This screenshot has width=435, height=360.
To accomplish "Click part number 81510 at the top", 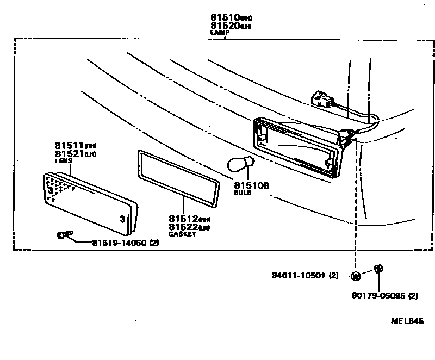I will (x=223, y=17).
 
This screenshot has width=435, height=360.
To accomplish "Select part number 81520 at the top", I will (x=223, y=26).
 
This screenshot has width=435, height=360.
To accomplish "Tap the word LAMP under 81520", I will (x=220, y=33).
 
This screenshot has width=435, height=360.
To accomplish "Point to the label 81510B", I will (x=252, y=185).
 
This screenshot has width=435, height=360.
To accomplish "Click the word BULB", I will (x=243, y=193).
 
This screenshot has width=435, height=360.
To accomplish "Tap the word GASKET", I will (x=182, y=234).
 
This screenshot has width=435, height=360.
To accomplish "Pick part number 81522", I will (x=184, y=226).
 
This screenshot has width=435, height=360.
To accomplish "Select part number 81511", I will (x=70, y=146).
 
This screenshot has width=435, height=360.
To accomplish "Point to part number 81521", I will (x=70, y=154).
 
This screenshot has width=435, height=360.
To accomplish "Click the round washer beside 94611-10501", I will (x=356, y=276).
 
